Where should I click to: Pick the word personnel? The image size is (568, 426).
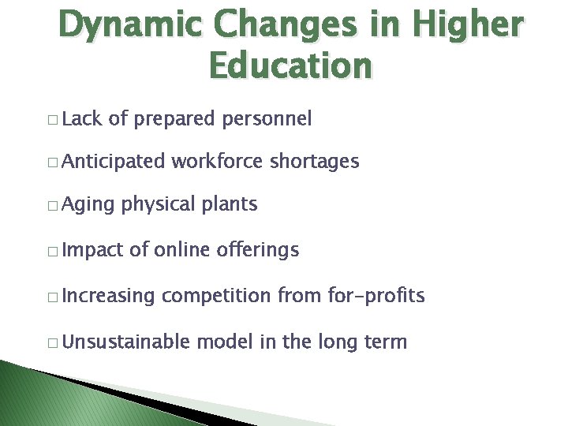point(267,119)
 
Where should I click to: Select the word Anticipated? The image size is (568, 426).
point(113,162)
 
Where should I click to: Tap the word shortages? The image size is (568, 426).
point(315,162)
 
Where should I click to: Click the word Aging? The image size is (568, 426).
point(87,205)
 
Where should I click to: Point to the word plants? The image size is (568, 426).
point(229,204)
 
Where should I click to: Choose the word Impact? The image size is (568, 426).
point(92,251)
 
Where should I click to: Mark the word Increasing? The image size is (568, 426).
point(109,297)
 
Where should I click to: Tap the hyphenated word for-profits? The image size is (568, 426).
point(376,297)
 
